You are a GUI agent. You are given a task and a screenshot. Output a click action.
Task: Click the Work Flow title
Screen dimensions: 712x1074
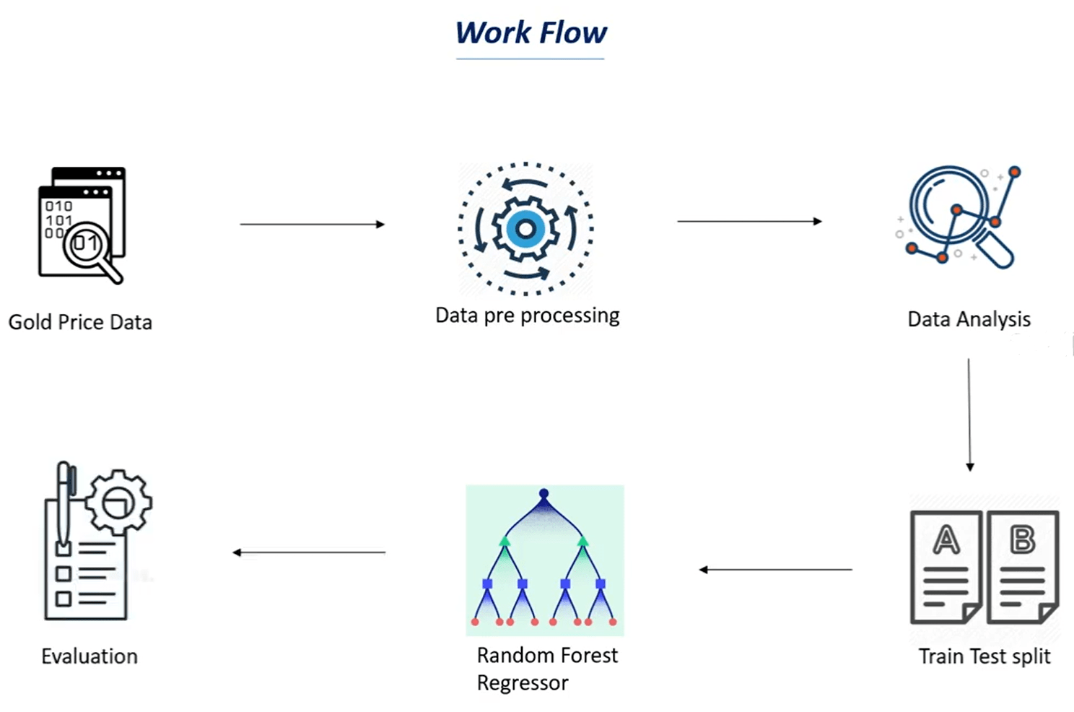click(x=531, y=33)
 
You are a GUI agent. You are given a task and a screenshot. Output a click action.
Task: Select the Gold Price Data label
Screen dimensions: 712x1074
click(x=80, y=322)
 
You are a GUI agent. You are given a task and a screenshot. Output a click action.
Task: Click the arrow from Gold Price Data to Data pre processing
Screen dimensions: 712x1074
click(x=312, y=225)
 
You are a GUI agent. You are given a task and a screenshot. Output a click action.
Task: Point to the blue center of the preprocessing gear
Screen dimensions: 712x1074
click(x=525, y=230)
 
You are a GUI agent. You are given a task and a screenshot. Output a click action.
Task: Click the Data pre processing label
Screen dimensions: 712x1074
click(x=527, y=316)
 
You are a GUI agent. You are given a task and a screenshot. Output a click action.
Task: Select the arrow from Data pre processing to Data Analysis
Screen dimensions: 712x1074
click(x=749, y=221)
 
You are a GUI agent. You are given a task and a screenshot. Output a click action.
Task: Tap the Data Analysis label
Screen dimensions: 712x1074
click(x=969, y=319)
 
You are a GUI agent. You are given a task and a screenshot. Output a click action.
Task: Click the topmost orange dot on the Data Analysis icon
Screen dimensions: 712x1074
click(x=1014, y=172)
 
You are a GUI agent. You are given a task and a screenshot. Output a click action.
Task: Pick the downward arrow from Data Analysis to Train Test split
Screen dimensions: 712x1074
click(x=969, y=414)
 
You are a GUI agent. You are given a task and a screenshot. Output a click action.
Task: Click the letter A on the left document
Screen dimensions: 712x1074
click(x=946, y=539)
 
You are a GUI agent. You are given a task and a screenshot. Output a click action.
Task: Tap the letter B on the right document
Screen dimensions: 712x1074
click(x=1022, y=539)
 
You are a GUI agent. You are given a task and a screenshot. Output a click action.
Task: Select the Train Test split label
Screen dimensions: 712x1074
click(x=984, y=656)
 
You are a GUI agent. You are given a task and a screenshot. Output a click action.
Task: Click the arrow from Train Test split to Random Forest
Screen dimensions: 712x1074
click(x=776, y=570)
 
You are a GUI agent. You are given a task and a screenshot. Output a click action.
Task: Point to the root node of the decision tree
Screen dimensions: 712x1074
click(x=544, y=494)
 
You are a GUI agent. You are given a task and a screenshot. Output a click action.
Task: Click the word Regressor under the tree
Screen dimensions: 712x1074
click(x=523, y=683)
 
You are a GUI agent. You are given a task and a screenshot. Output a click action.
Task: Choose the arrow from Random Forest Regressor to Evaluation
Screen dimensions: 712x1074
click(x=309, y=552)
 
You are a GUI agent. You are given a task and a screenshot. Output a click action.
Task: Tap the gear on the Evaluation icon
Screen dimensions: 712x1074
click(x=118, y=502)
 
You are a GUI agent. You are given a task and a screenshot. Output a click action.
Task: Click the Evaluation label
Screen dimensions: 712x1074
click(x=89, y=656)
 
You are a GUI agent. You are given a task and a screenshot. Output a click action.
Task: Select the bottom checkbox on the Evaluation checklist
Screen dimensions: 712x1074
click(x=64, y=599)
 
